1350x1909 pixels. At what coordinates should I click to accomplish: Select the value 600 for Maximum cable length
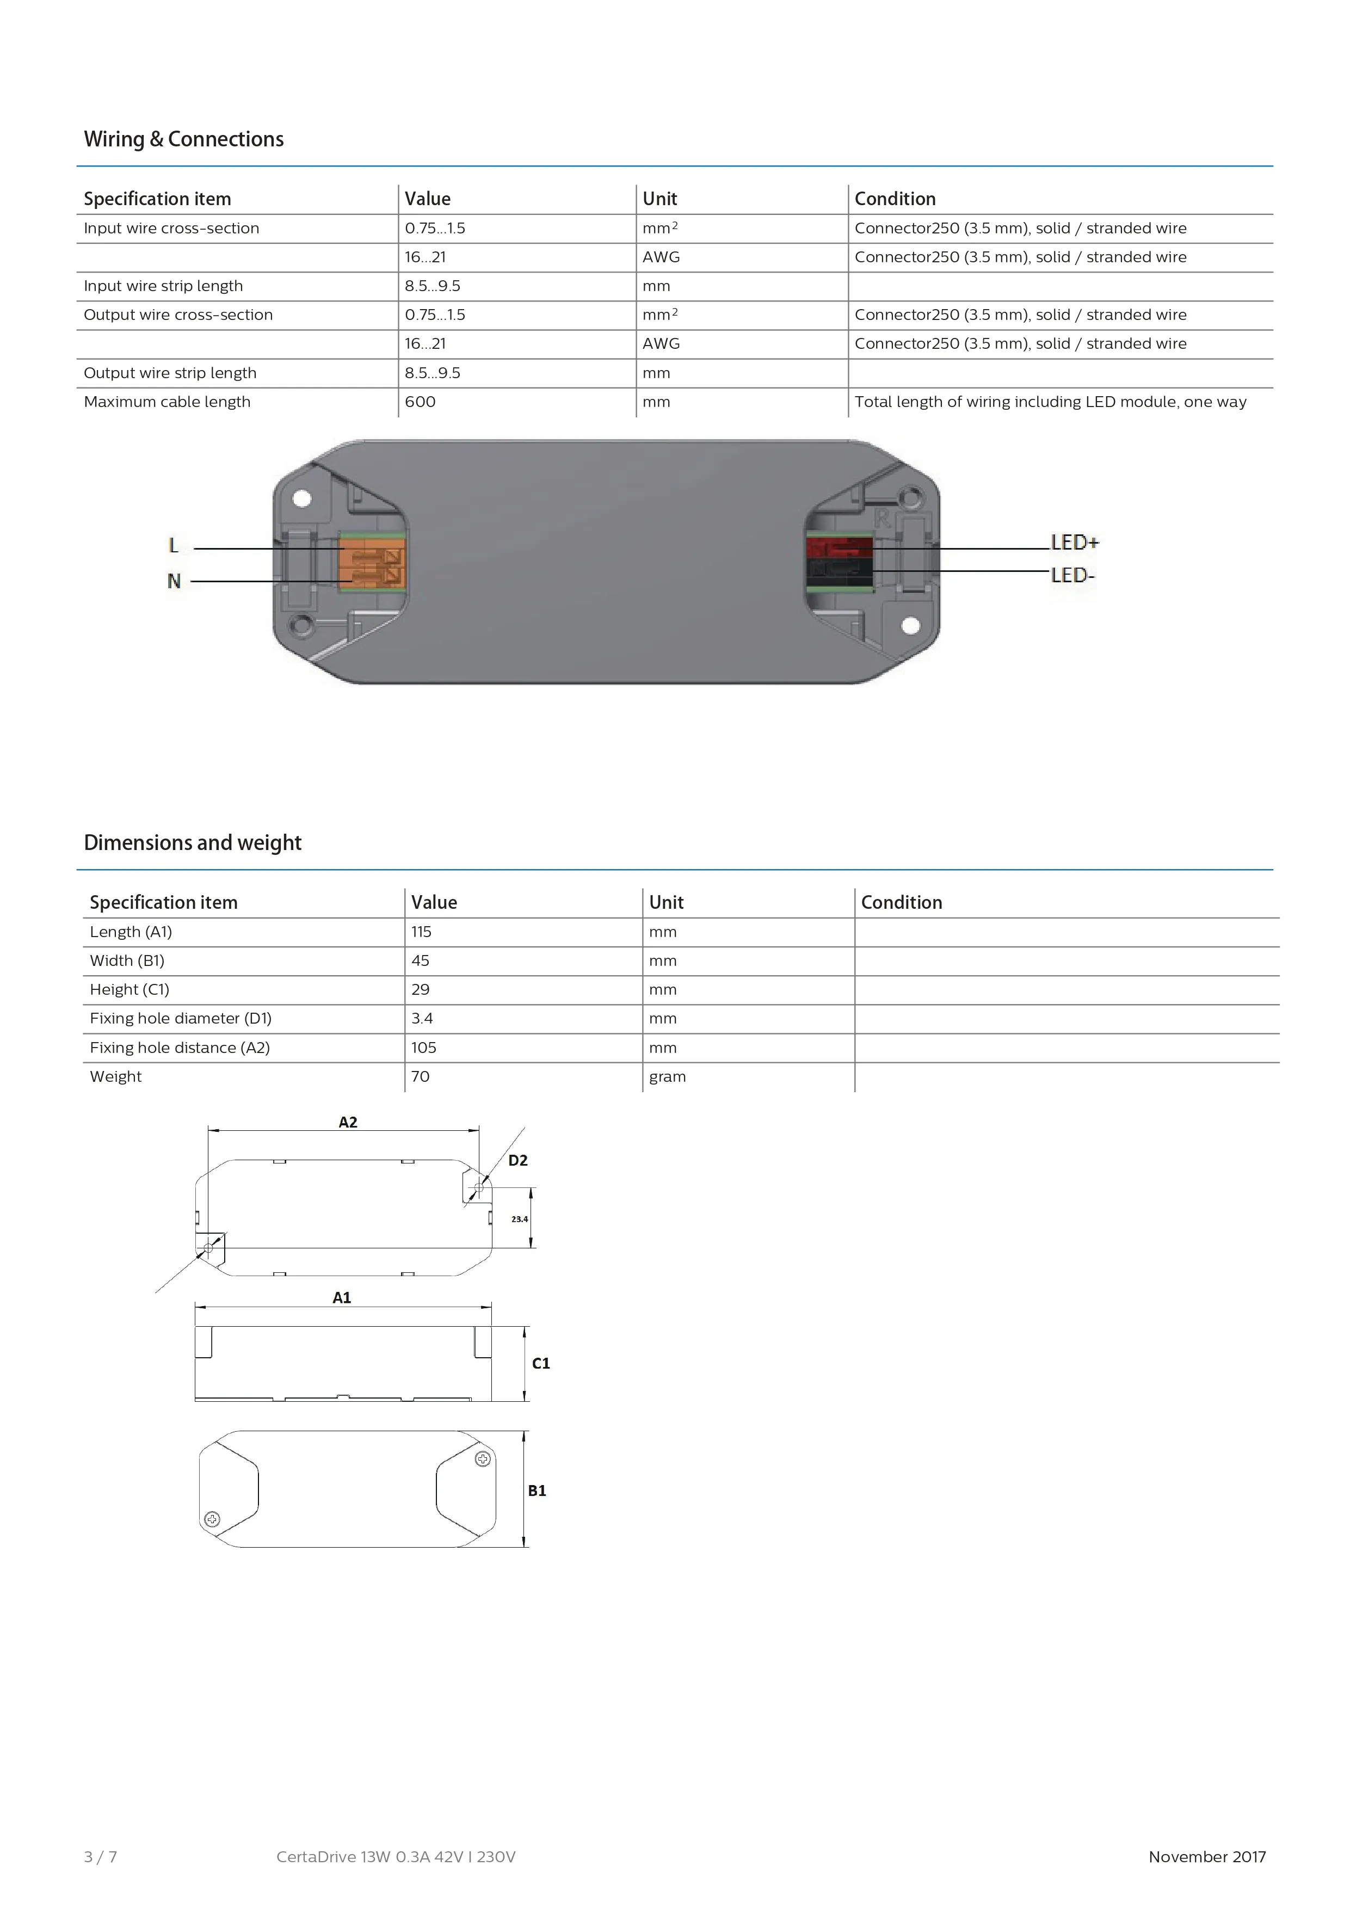coord(420,402)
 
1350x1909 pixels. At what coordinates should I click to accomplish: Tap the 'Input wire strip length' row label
coord(163,286)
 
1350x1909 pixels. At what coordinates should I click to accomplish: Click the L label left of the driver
coord(173,545)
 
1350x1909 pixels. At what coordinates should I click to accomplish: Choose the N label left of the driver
coord(173,581)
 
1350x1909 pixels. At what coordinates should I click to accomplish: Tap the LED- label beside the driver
coord(1072,575)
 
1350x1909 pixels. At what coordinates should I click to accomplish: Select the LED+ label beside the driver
coord(1074,542)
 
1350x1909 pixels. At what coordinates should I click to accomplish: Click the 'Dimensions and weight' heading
coord(192,843)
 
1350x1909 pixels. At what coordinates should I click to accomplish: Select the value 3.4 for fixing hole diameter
coord(422,1019)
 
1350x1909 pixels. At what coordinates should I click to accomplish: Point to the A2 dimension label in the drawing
coord(348,1123)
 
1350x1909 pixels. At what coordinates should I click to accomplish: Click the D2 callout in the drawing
coord(518,1161)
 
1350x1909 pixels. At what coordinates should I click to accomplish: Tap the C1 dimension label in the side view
coord(540,1364)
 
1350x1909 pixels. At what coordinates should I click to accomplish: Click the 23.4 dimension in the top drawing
coord(520,1219)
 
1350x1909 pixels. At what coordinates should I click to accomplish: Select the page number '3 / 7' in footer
coord(101,1857)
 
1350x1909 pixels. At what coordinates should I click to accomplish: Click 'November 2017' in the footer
coord(1207,1857)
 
